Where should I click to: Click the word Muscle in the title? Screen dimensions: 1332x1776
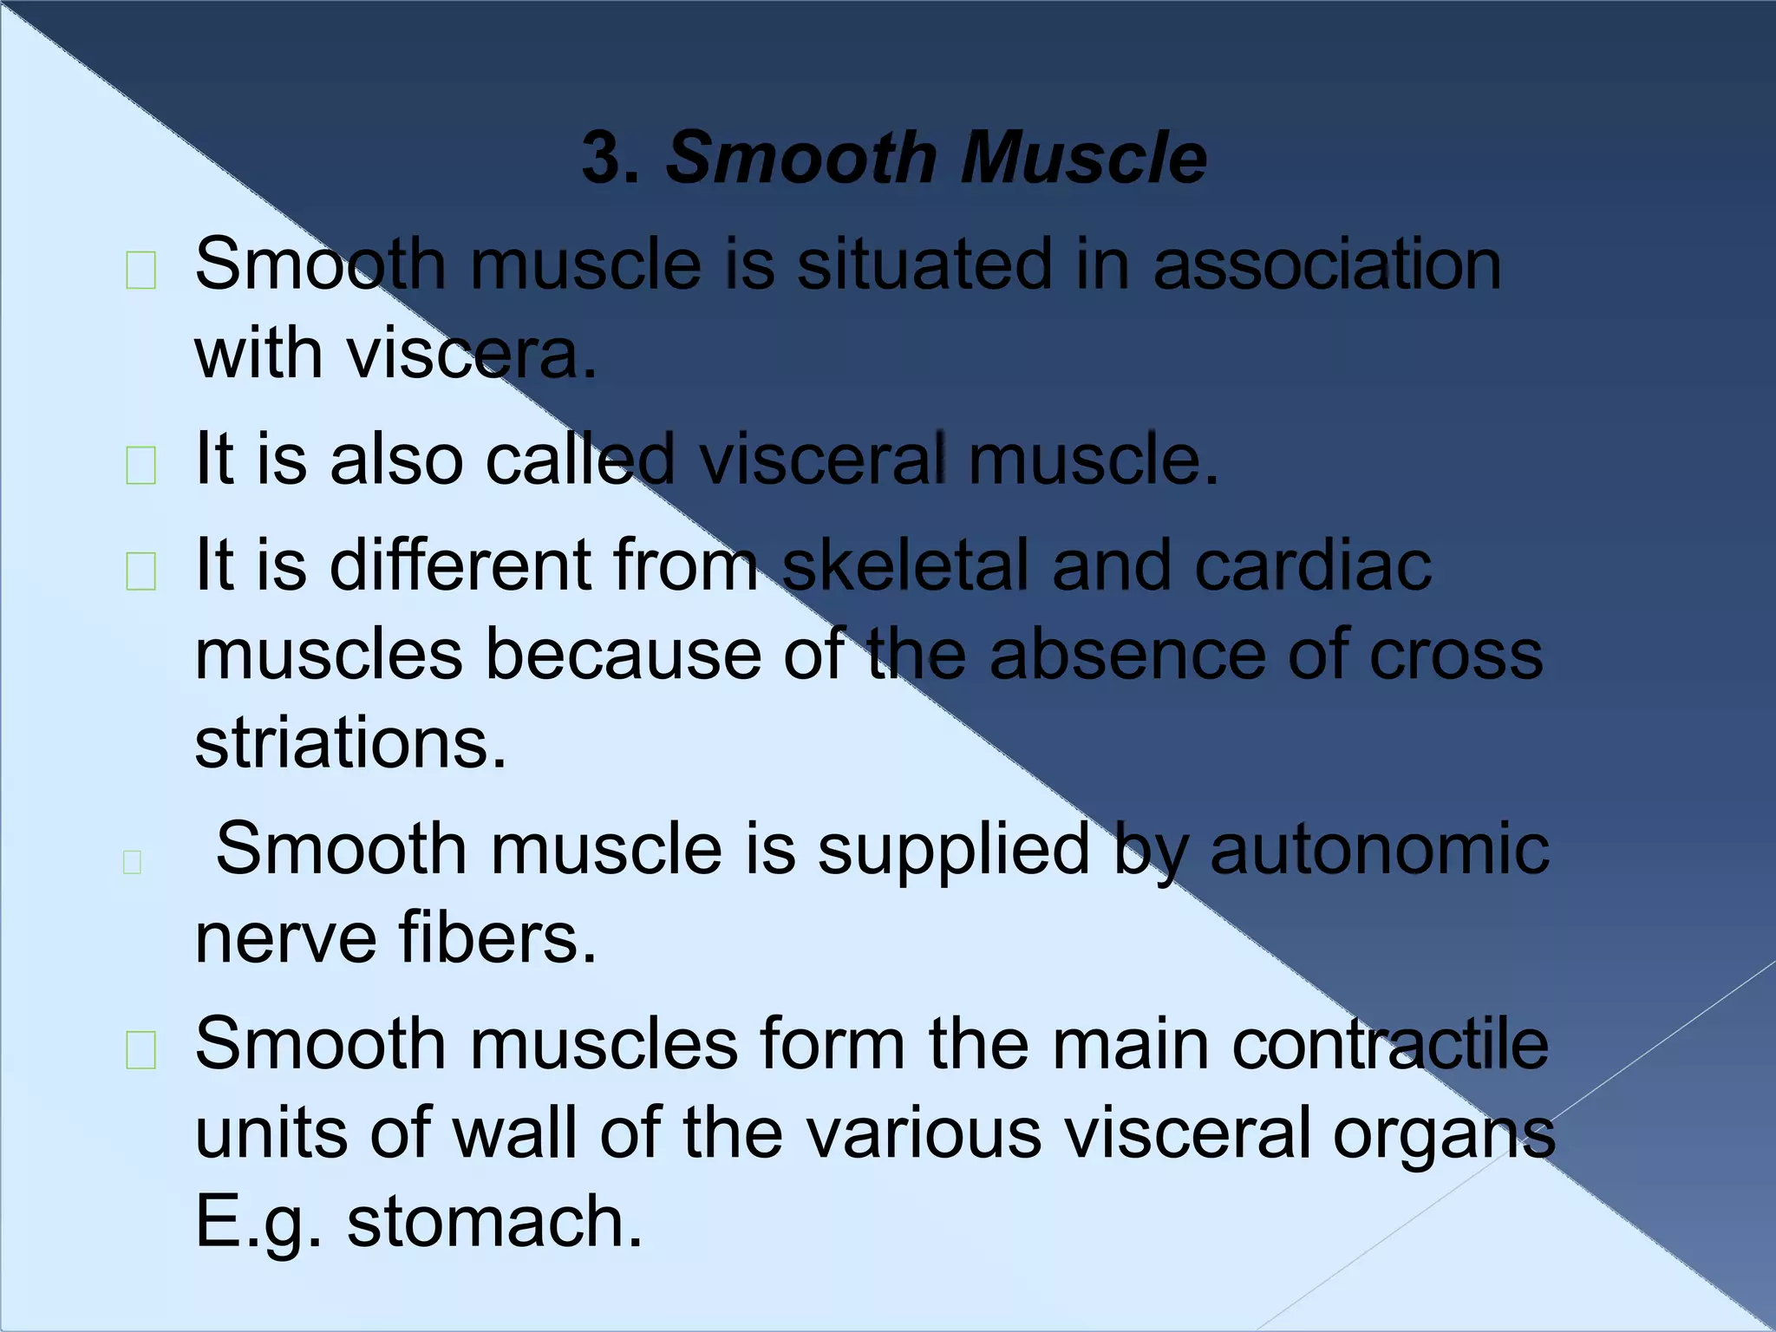pos(1083,159)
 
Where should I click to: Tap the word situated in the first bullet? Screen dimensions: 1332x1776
pos(924,264)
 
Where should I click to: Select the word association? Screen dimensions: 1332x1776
pos(1327,264)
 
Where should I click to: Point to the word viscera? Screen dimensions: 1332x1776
pos(472,355)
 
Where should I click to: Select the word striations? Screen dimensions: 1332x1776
pos(350,743)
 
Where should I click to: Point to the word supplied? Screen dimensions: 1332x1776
pos(954,848)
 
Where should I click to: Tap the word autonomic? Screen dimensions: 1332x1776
pos(1379,848)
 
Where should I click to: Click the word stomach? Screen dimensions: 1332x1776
pos(495,1221)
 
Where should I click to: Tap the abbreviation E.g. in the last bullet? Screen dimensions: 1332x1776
pos(259,1221)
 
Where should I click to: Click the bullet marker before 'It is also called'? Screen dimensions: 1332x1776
pos(141,466)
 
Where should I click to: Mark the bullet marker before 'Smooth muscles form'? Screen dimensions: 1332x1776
pos(141,1050)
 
